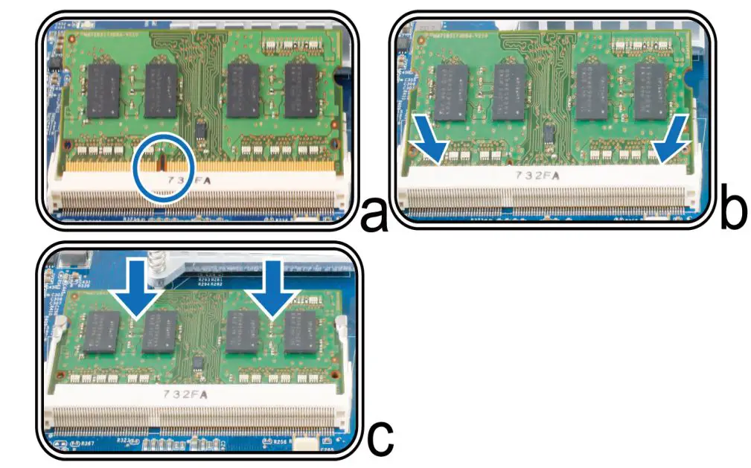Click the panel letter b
click(x=733, y=211)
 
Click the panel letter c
click(x=380, y=438)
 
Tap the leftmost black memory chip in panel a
click(x=103, y=90)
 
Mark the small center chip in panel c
click(x=199, y=363)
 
